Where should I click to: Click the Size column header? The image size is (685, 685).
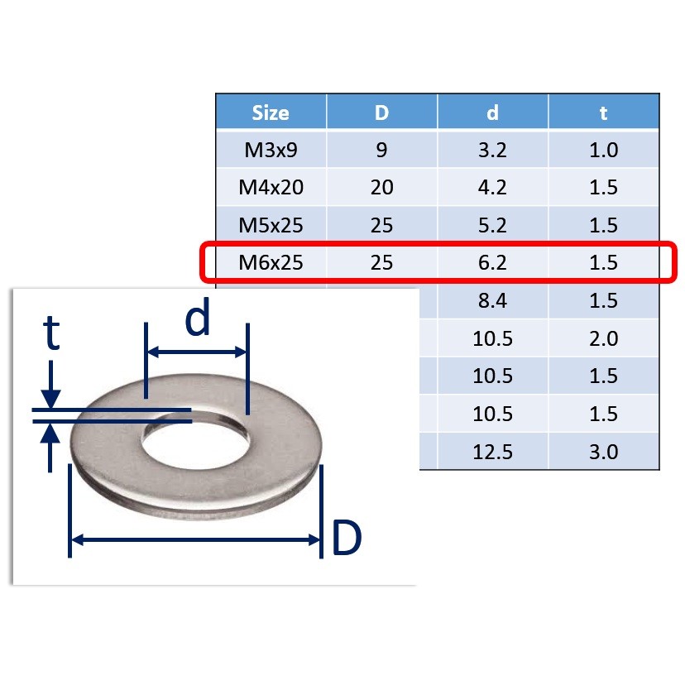click(x=271, y=113)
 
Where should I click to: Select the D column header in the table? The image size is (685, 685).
click(x=381, y=113)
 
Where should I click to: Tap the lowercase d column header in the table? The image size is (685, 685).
click(x=492, y=113)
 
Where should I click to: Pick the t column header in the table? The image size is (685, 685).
click(x=604, y=113)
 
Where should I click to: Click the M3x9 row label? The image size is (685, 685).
click(x=271, y=151)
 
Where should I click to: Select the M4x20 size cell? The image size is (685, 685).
click(x=271, y=188)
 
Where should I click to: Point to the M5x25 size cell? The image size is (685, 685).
click(x=271, y=226)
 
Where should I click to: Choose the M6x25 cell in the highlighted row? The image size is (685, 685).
click(x=271, y=263)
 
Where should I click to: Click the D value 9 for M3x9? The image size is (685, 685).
click(x=381, y=151)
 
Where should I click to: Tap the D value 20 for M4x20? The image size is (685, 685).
click(x=381, y=188)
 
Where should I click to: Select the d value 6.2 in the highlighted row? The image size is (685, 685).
click(x=492, y=263)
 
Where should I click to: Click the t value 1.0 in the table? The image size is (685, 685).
click(x=604, y=151)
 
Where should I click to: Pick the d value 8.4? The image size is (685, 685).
click(x=492, y=301)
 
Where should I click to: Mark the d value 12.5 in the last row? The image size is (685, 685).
click(x=492, y=452)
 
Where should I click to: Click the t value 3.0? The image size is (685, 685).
click(x=604, y=452)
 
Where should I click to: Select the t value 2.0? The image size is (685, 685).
click(x=604, y=338)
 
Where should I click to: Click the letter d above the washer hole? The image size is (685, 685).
click(x=197, y=319)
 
